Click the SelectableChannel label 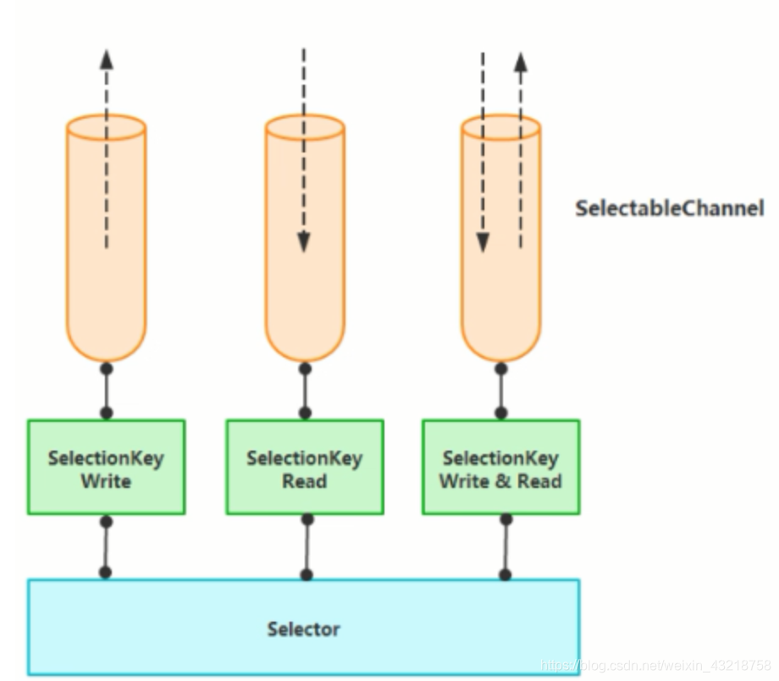(669, 208)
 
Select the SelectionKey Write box (107, 468)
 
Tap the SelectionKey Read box (305, 468)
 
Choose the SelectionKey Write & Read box (500, 468)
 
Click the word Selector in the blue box (303, 629)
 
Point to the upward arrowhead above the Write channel (107, 59)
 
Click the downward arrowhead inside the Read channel (304, 242)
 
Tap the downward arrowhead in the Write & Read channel (483, 242)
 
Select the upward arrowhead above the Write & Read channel (521, 62)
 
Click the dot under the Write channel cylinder (107, 368)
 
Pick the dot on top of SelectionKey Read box (305, 412)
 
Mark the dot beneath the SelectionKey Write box (107, 522)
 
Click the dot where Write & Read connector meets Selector (506, 575)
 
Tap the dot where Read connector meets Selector (307, 575)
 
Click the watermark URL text (655, 665)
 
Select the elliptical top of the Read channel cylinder (305, 128)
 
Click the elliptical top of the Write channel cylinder (107, 128)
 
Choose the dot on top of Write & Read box (501, 412)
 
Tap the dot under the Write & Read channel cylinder (501, 368)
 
